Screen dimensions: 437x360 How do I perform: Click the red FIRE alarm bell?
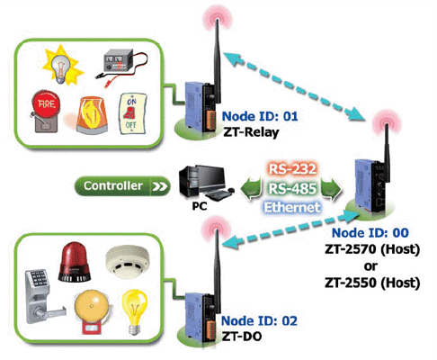46,111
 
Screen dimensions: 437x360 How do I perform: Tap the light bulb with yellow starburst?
63,66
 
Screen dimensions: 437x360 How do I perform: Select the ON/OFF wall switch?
132,113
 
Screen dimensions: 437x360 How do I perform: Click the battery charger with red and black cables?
121,66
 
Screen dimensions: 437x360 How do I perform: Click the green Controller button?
121,186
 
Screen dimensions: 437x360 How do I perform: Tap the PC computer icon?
205,183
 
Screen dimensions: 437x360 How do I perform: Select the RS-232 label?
292,169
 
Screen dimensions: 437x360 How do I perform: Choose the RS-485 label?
292,189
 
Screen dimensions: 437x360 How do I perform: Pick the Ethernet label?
292,207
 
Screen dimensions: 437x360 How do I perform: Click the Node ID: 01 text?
260,116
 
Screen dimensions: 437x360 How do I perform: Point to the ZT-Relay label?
251,132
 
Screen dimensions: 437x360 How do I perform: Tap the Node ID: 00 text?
370,233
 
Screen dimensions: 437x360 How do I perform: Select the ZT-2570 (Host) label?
372,249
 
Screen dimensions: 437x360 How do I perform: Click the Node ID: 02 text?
259,321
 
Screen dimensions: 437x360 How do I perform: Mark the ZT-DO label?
242,337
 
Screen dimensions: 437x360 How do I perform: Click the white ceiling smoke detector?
128,261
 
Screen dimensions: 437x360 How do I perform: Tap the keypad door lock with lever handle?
43,296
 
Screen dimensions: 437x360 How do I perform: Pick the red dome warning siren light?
74,263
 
